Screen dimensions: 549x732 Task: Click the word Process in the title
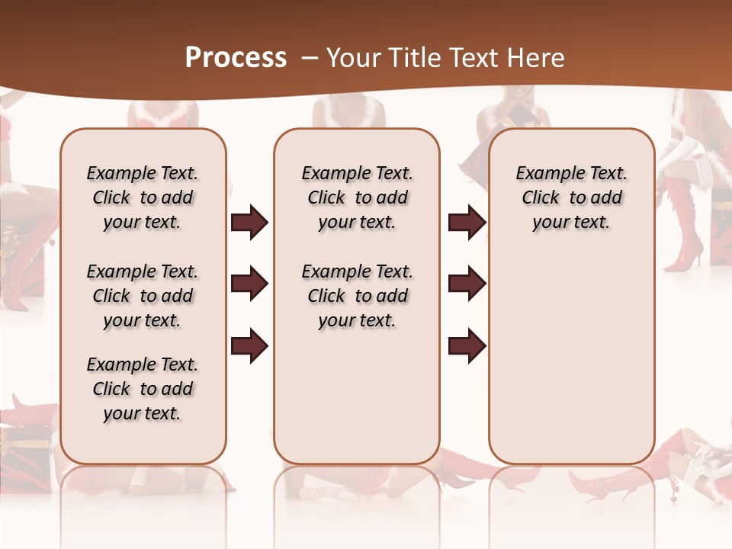236,58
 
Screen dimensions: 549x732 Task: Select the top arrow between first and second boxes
249,223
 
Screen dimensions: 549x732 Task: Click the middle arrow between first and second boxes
249,284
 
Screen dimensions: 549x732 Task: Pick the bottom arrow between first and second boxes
249,346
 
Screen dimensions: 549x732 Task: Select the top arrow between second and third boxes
467,223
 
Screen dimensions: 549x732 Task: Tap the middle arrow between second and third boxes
467,284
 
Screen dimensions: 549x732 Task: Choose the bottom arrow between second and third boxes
467,346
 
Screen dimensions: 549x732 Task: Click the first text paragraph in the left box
143,197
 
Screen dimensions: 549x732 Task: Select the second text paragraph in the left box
143,296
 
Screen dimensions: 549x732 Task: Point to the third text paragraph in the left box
143,389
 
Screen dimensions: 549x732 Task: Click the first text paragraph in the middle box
357,197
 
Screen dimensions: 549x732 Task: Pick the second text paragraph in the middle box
357,296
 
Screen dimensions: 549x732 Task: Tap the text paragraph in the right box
571,197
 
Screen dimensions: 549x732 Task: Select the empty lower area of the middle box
357,396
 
